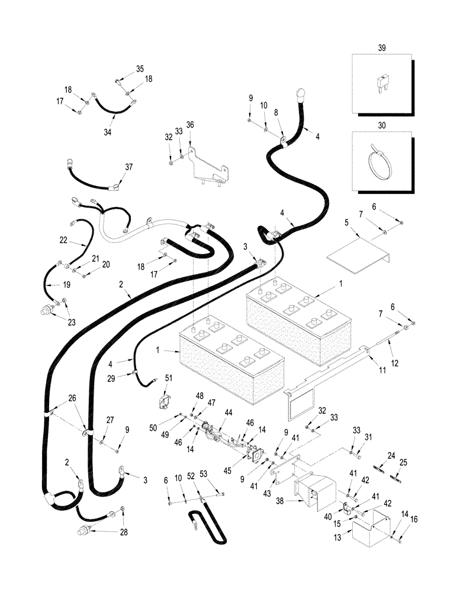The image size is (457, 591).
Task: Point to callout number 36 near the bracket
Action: tap(190, 125)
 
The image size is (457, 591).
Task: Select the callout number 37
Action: tap(129, 167)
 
